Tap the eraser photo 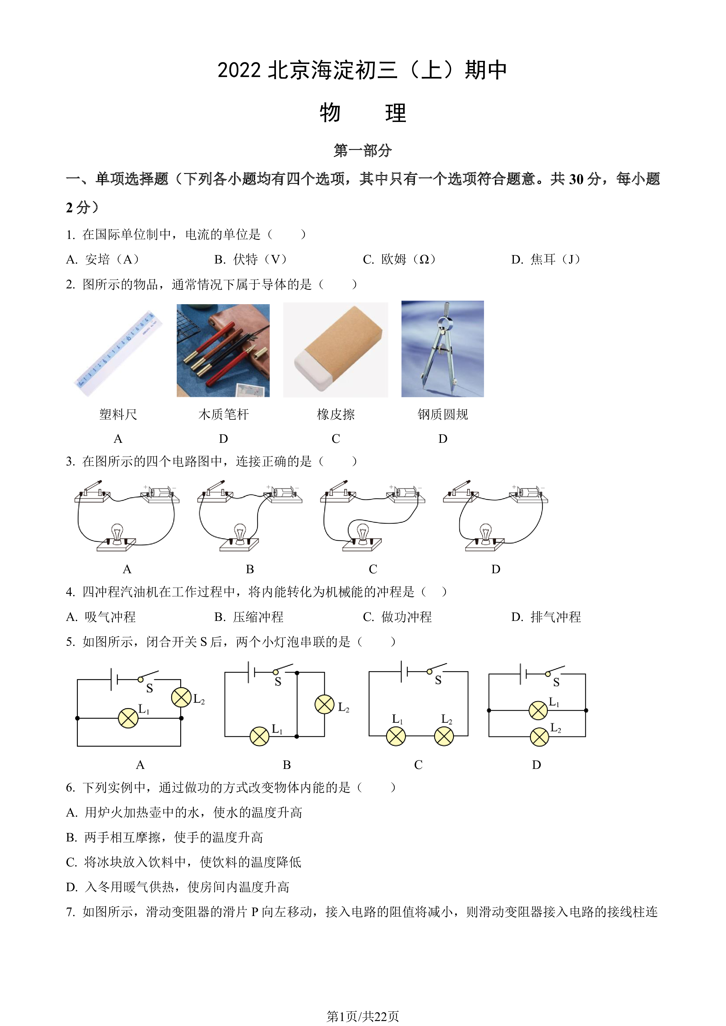[x=335, y=350]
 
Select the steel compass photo [x=442, y=349]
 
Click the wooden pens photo [x=223, y=350]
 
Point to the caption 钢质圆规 [x=442, y=414]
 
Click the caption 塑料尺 [x=118, y=414]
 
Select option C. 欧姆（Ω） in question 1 [x=399, y=259]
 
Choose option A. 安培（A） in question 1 [x=103, y=259]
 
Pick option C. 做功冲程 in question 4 [x=397, y=617]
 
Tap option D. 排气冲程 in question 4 [x=546, y=617]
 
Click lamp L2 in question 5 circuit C [x=444, y=736]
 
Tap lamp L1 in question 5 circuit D [x=538, y=710]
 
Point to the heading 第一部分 [x=363, y=150]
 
